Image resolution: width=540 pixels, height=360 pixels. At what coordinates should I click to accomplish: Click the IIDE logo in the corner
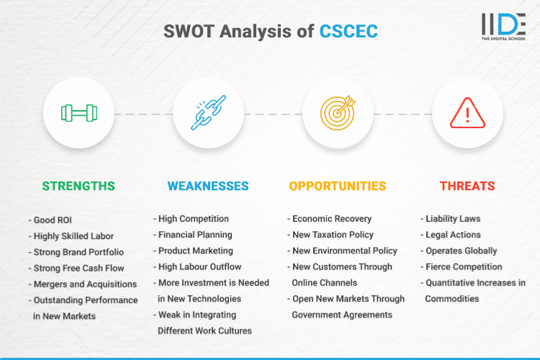[x=504, y=26]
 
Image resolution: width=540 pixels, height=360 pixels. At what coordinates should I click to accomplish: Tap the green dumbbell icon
[x=78, y=113]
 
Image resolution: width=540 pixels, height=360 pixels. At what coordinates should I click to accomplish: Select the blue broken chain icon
[x=208, y=113]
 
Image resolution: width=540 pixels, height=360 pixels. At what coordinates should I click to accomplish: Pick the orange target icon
[x=338, y=113]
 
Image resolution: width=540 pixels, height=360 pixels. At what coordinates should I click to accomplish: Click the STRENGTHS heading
[x=78, y=186]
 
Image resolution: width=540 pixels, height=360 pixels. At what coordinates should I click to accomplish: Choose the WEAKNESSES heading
[x=208, y=186]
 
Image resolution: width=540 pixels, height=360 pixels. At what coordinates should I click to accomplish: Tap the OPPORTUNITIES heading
[x=338, y=186]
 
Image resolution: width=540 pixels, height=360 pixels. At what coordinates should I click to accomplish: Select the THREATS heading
[x=467, y=186]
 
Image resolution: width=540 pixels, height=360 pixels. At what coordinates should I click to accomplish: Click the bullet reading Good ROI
[x=52, y=219]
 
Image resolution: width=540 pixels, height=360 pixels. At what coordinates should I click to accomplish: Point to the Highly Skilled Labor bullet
[x=73, y=235]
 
